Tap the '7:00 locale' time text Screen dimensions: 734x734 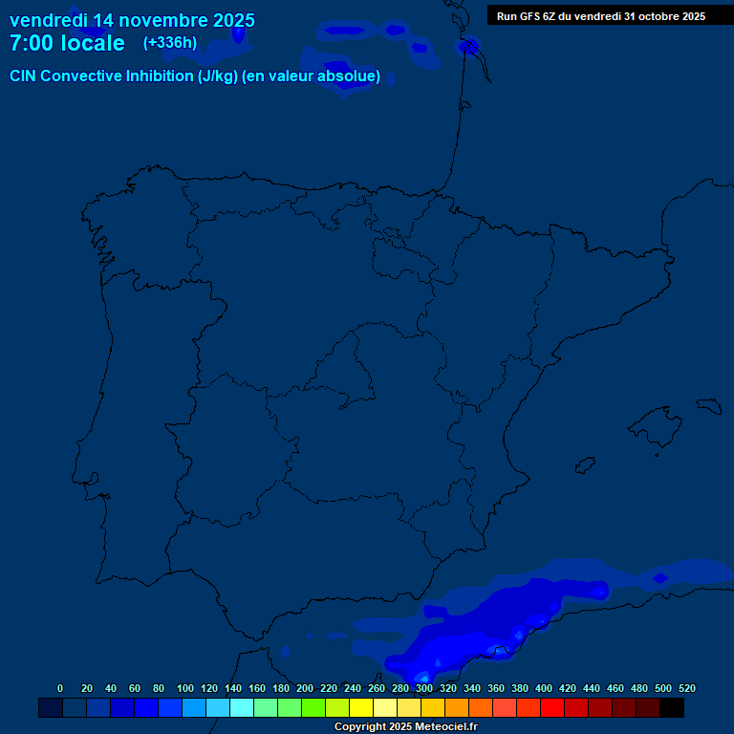(67, 43)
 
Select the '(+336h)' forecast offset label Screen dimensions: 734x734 (170, 42)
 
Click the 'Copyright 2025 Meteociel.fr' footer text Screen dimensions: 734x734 (405, 727)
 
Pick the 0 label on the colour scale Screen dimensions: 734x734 (60, 688)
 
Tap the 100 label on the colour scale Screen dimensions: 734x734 (185, 688)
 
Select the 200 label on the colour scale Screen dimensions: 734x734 (305, 688)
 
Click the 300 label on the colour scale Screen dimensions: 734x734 (424, 688)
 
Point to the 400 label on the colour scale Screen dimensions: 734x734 (544, 688)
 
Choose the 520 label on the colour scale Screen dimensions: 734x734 (686, 688)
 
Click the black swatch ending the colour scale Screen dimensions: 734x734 (672, 707)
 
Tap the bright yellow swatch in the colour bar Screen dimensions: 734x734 (361, 707)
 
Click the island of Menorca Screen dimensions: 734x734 (708, 405)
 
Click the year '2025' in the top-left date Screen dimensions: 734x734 (228, 20)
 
